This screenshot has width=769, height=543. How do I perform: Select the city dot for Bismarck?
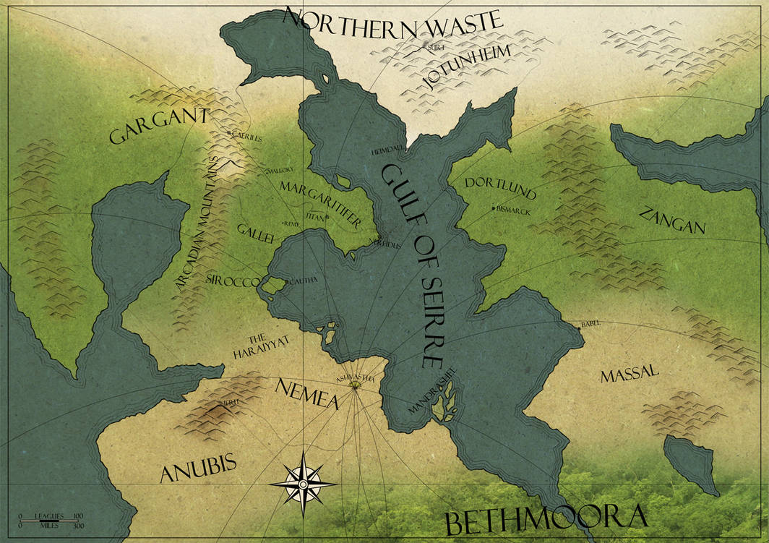(494, 208)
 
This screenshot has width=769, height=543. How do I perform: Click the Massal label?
(629, 373)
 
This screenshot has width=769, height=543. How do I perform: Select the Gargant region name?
(159, 127)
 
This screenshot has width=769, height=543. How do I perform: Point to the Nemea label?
(306, 394)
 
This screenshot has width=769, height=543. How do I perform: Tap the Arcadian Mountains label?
(197, 224)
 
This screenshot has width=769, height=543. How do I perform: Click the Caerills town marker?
(229, 134)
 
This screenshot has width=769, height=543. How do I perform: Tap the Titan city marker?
(327, 217)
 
